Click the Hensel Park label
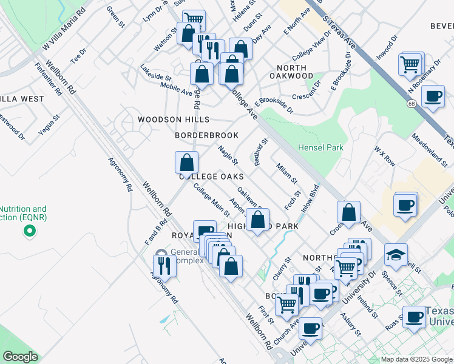click(320, 147)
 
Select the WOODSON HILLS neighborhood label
click(173, 120)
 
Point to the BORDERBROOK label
click(206, 135)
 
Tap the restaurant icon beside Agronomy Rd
click(164, 265)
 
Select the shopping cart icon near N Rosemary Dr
click(410, 63)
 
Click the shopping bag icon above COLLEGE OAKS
click(187, 162)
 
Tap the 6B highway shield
click(411, 104)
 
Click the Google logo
click(21, 356)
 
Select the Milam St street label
click(286, 173)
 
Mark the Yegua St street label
click(48, 126)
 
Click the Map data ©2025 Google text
click(416, 359)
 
